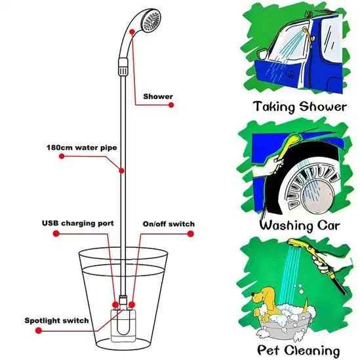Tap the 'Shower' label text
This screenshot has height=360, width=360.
click(158, 96)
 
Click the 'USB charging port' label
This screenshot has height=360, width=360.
click(78, 224)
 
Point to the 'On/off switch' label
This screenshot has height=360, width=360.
click(169, 224)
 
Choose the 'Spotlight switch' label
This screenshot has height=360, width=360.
click(58, 321)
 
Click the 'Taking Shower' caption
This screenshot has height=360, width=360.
click(299, 107)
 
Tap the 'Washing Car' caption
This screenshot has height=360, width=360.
click(299, 226)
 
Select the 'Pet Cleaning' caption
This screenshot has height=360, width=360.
click(299, 350)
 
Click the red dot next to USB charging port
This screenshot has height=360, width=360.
click(57, 233)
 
